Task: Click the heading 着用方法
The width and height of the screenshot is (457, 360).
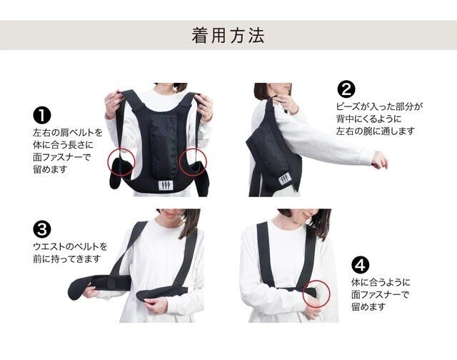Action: tap(228, 36)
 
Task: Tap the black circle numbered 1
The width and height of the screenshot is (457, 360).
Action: tap(42, 116)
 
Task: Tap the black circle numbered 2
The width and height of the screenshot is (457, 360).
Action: tap(346, 89)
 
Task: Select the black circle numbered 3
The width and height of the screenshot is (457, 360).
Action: tap(42, 229)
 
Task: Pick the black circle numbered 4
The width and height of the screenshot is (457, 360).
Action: tap(360, 265)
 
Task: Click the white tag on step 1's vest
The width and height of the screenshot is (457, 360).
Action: tap(165, 186)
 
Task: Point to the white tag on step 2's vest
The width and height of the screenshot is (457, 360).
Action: tap(284, 179)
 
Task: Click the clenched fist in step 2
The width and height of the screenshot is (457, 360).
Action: tap(380, 160)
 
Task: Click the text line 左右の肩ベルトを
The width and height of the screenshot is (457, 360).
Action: tap(68, 133)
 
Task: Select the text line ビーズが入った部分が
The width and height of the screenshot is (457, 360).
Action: tap(379, 106)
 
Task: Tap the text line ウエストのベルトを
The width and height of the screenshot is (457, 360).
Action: tap(70, 246)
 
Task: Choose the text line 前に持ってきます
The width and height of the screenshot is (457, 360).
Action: tap(66, 259)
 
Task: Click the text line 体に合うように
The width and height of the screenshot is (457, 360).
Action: tap(381, 282)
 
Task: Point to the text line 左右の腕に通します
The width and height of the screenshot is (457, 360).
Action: tap(375, 131)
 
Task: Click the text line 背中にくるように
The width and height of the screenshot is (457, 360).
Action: tap(368, 119)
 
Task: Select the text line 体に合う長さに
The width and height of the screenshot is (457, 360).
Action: tap(63, 145)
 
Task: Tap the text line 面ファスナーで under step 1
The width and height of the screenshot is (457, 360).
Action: tap(62, 157)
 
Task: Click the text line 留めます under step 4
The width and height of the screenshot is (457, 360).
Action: tap(368, 306)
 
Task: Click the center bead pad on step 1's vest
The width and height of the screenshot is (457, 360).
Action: tap(163, 145)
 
